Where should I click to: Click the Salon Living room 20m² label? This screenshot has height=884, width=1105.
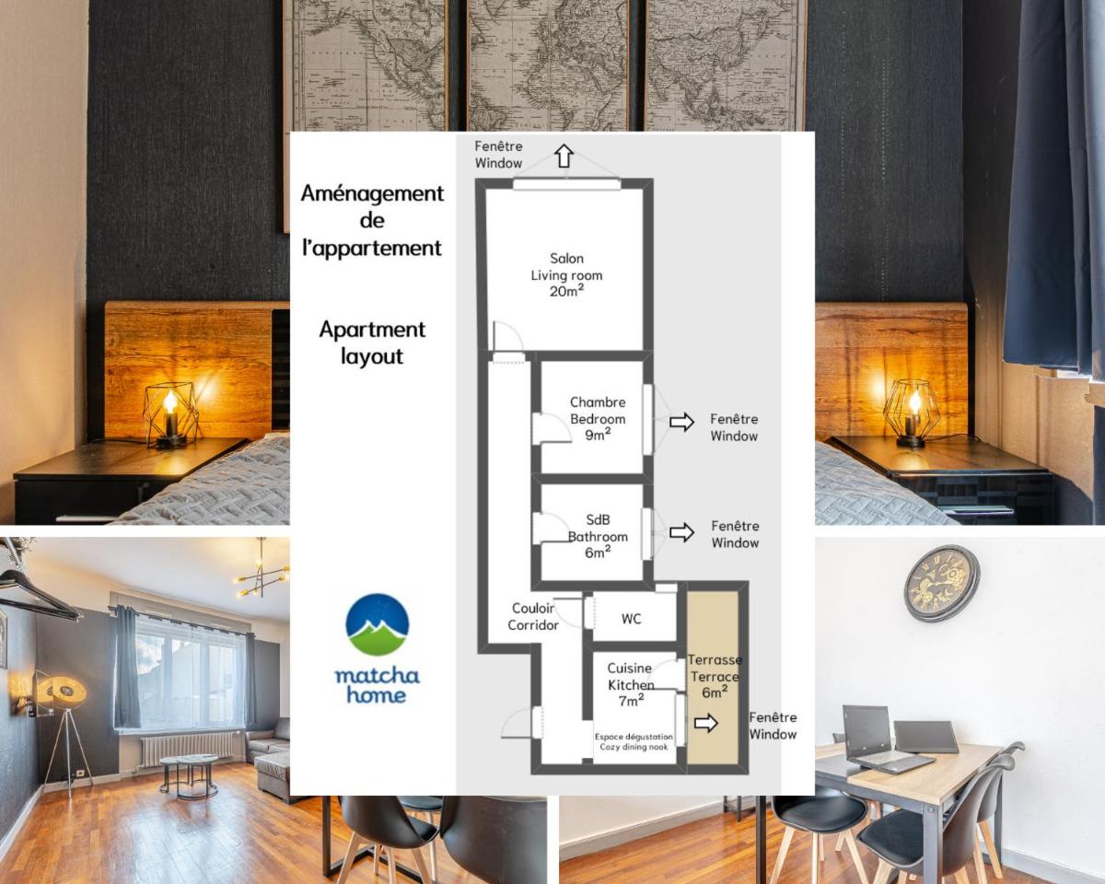click(566, 274)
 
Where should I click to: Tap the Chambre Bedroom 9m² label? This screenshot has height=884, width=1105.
click(598, 419)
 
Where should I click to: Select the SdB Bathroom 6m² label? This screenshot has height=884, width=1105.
click(598, 536)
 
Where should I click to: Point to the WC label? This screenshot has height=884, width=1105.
click(631, 619)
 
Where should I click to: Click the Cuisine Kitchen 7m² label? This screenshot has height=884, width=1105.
click(631, 685)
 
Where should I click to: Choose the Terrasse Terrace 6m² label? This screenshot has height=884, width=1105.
click(715, 676)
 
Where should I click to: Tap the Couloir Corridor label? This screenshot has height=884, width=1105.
click(533, 616)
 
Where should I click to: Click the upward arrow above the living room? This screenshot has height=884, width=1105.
click(564, 156)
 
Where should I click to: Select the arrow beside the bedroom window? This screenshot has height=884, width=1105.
click(682, 423)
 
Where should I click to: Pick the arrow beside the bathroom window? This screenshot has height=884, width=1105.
click(682, 532)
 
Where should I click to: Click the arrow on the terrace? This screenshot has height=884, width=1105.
click(706, 723)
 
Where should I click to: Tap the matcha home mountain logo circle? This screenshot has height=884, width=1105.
click(378, 624)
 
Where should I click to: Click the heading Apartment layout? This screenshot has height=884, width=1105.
click(372, 343)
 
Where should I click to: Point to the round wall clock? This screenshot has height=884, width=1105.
click(942, 583)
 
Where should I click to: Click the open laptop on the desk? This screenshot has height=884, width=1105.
click(883, 739)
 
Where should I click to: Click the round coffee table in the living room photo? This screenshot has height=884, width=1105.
click(189, 774)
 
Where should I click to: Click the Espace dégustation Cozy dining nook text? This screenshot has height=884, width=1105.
click(634, 741)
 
